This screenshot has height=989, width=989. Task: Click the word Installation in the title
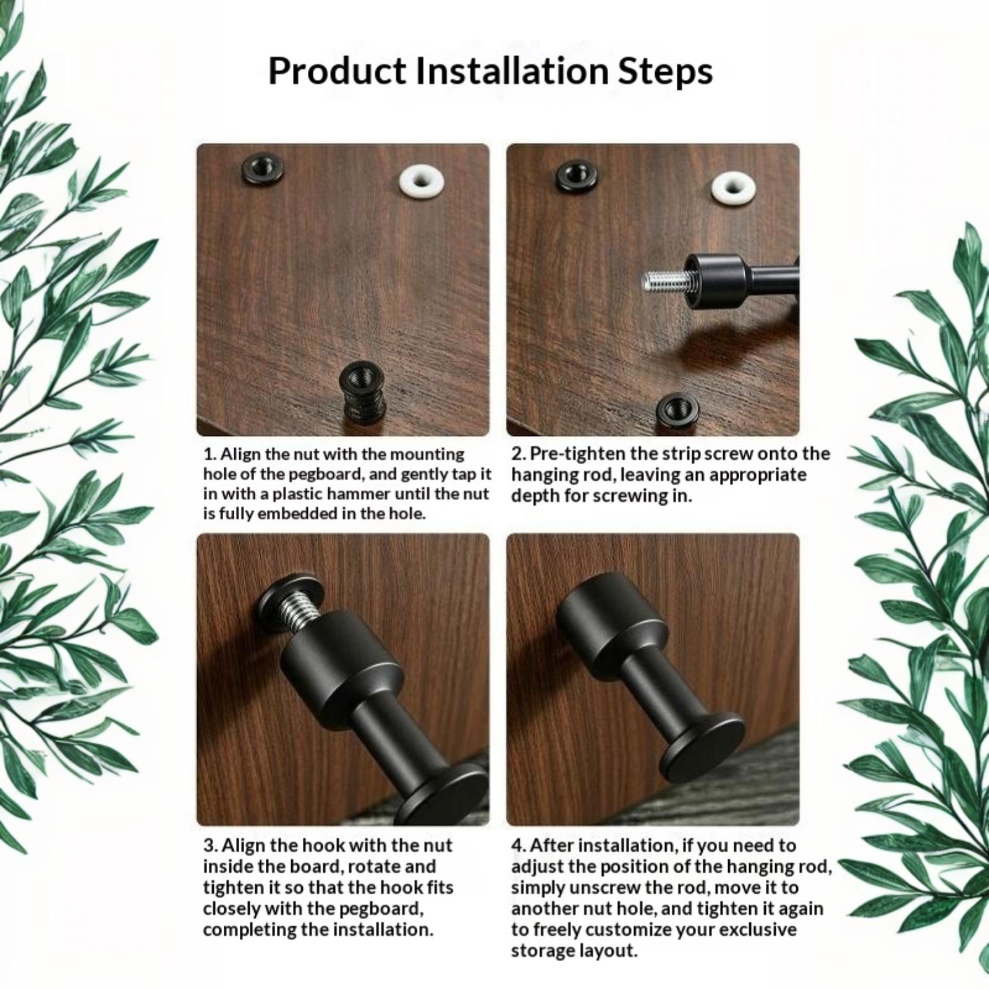tap(512, 70)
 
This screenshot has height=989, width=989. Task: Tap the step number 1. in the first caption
tap(210, 454)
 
